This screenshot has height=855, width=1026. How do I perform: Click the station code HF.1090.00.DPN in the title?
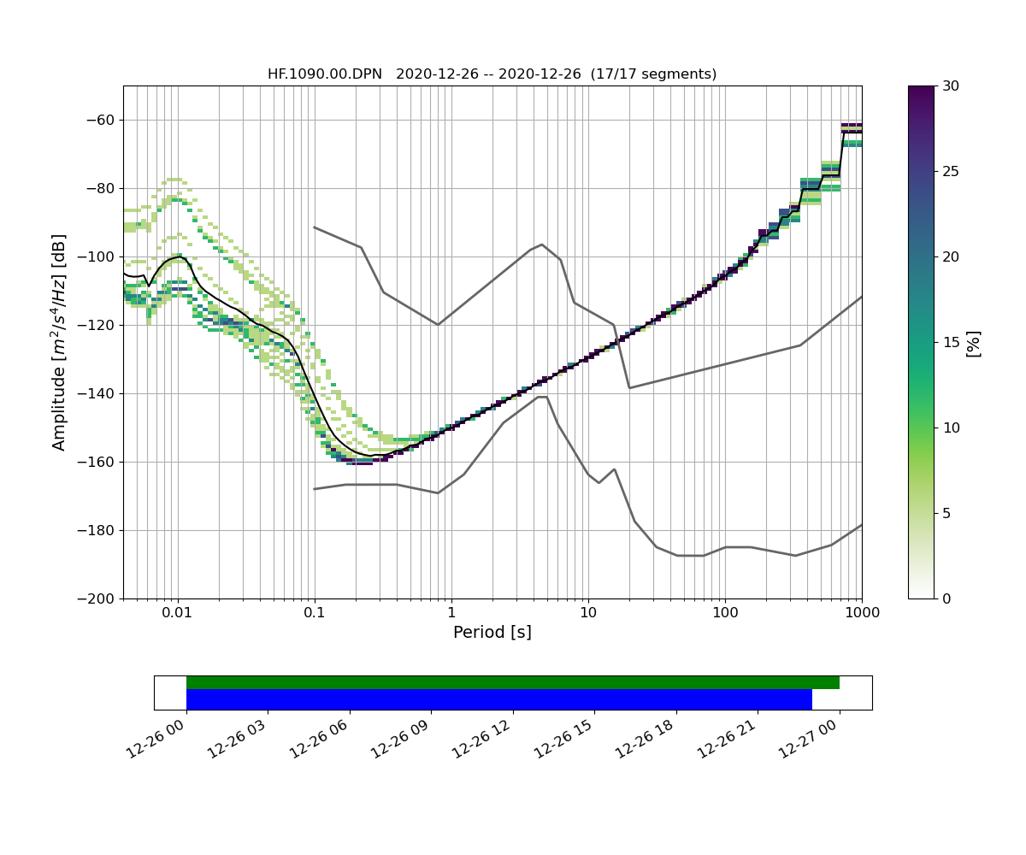click(325, 74)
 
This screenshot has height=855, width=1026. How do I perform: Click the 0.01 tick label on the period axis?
click(178, 613)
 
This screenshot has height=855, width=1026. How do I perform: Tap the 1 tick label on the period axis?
click(451, 613)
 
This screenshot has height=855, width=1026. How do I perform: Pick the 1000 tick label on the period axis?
click(861, 613)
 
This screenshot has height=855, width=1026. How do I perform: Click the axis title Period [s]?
click(492, 633)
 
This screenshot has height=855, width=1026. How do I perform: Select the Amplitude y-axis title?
click(59, 342)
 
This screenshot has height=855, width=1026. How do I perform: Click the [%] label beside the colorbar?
click(973, 342)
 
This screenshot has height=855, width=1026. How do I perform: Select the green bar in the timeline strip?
click(513, 682)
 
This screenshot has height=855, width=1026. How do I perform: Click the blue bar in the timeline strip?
click(498, 699)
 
